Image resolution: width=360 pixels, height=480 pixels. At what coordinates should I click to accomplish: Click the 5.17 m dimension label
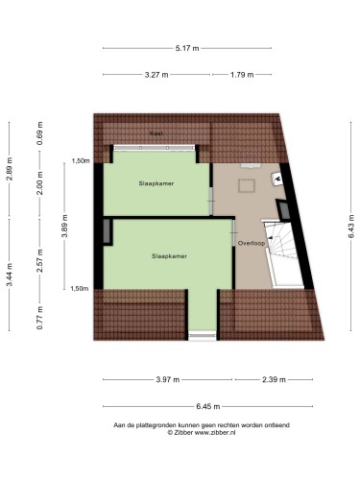tap(187, 48)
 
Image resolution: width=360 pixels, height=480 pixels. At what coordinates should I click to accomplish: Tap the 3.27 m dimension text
tap(156, 75)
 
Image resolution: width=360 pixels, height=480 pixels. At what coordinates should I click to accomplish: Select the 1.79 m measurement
tap(242, 75)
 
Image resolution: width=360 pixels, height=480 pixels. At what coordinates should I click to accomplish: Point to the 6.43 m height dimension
tap(351, 227)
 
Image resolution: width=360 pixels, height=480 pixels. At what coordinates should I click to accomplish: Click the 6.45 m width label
tap(208, 407)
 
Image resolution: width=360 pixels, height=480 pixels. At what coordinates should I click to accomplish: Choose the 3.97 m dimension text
tap(168, 380)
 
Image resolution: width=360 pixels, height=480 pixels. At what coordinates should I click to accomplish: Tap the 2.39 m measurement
tap(274, 380)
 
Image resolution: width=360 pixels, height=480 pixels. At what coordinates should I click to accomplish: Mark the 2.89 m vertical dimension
tap(10, 169)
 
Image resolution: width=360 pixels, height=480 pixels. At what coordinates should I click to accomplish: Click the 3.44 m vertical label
tap(10, 275)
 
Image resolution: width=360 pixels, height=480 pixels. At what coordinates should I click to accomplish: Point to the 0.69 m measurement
tap(39, 133)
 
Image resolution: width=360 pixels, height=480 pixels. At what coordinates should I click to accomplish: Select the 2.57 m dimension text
tap(39, 260)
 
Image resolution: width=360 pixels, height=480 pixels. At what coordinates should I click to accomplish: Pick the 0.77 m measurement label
tap(39, 318)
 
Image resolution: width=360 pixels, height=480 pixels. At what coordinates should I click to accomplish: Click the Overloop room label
tap(252, 243)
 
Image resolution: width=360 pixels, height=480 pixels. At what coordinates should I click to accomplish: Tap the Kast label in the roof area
tap(156, 133)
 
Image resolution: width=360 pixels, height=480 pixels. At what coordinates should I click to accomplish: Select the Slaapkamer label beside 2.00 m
tap(156, 183)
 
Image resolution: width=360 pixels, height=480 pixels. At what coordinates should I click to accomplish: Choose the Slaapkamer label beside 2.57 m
tap(169, 256)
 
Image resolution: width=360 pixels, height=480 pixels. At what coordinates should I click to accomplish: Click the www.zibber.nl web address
tap(215, 432)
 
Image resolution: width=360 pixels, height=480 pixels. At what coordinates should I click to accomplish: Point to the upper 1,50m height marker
tap(81, 161)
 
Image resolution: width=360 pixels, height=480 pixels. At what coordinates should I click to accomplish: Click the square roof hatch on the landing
tap(247, 186)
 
